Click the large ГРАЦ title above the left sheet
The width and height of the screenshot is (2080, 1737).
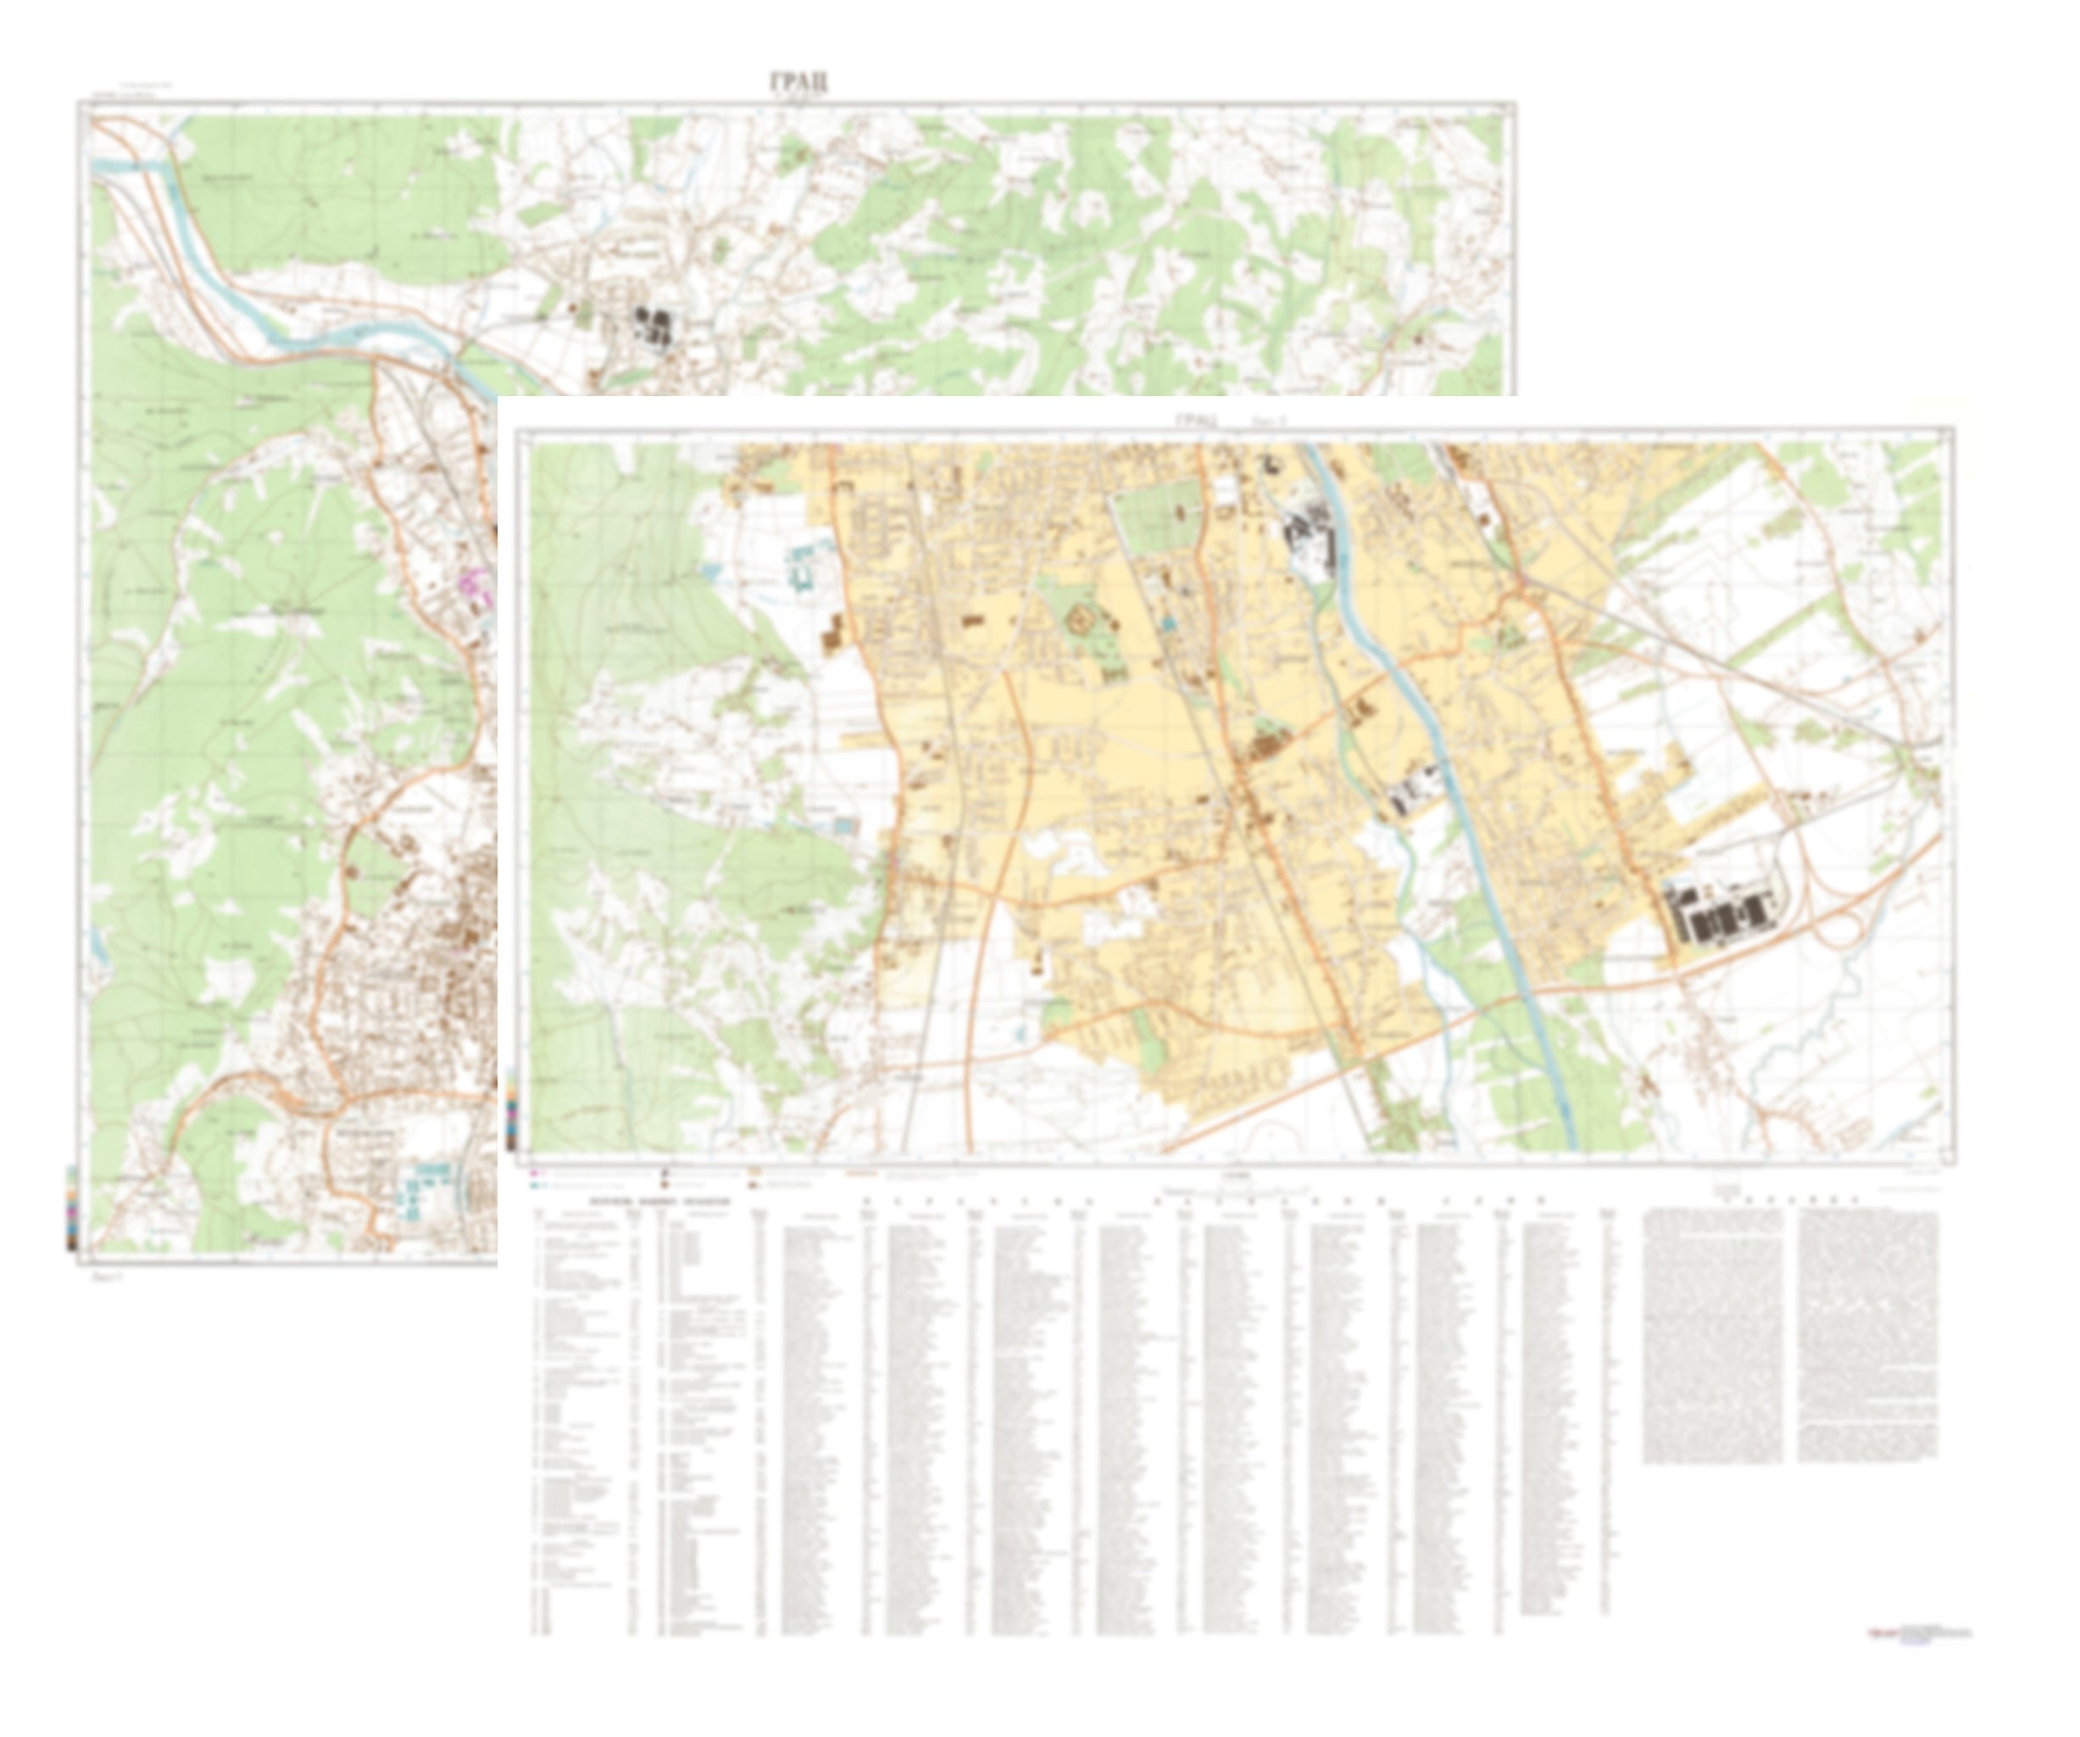(x=798, y=82)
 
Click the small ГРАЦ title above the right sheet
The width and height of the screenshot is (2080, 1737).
(x=1197, y=420)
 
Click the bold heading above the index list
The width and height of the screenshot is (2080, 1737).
(x=659, y=1201)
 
